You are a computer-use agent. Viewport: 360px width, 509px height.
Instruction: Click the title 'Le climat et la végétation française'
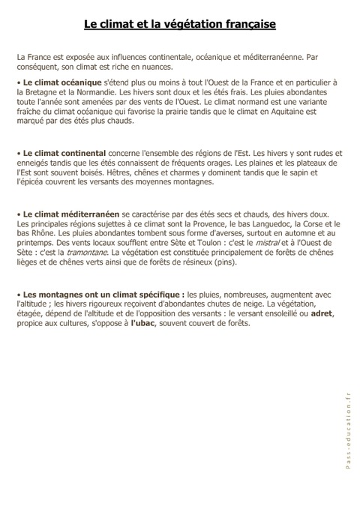180,25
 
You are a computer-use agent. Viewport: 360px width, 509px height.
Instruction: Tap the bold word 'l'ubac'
146,324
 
